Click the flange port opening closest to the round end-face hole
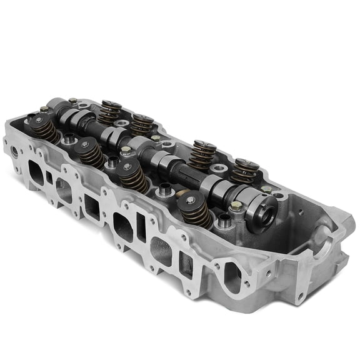click(x=36, y=169)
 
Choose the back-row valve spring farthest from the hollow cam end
click(x=111, y=111)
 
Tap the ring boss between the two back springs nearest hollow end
click(x=219, y=168)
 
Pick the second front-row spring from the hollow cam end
click(x=132, y=175)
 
